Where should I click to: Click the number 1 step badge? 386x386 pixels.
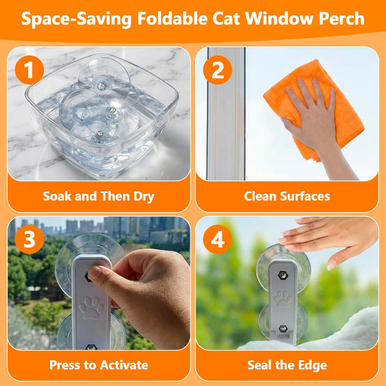coord(29,70)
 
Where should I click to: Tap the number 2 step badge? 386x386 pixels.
coord(217,70)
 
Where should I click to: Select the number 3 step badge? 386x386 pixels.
coord(29,239)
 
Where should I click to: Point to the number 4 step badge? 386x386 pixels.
coord(217,239)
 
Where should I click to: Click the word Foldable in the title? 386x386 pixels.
coord(172,18)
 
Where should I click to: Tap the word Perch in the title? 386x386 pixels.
coord(342,18)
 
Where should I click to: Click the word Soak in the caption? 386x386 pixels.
coord(57,196)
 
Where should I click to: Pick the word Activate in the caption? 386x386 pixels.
coord(124,365)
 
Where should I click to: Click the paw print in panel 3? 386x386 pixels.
coord(91,308)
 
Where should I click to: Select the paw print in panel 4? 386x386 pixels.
coord(283,299)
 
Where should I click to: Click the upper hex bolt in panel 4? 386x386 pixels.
coord(283,275)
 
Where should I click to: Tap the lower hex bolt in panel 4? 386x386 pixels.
coord(283,329)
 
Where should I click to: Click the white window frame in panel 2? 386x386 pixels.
coord(226,114)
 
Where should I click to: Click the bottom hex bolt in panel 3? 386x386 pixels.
coord(91,347)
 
